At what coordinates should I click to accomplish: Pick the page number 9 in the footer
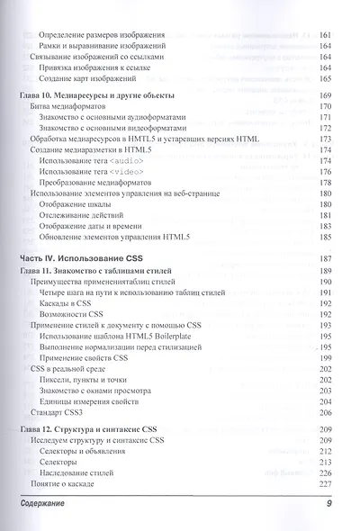[x=329, y=504]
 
